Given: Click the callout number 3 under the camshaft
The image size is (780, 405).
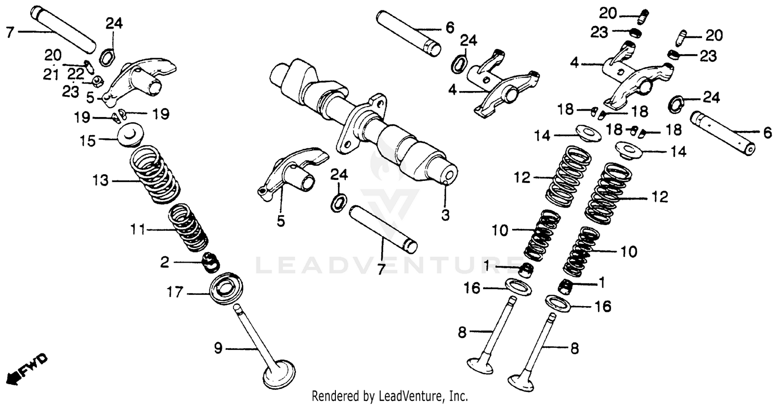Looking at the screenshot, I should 445,214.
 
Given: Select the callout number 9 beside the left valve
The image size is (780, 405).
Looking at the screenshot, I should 219,348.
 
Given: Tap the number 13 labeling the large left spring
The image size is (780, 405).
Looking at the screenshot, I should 101,181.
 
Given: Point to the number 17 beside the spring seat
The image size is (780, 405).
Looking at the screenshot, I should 175,293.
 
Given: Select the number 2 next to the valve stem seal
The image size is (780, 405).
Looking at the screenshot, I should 164,263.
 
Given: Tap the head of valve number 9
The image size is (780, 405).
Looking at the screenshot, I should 279,375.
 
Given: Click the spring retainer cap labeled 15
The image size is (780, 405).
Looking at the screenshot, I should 129,134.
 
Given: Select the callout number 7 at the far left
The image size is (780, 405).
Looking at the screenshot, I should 9,32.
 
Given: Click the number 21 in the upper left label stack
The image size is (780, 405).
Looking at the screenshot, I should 51,75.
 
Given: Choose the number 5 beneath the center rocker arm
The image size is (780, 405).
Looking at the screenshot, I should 281,221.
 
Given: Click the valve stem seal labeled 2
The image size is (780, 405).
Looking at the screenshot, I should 210,262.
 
